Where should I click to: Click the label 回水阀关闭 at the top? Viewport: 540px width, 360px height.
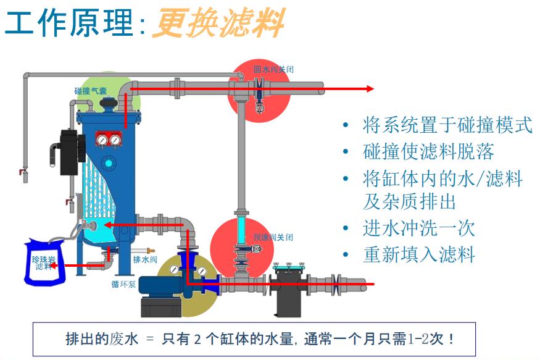[x=273, y=69]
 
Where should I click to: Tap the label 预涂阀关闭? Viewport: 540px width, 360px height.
[x=273, y=237]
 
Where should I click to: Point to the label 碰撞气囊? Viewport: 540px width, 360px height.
[x=91, y=91]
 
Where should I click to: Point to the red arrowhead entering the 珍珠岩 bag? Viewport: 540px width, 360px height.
[x=54, y=266]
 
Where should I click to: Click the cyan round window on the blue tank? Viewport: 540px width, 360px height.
[x=109, y=162]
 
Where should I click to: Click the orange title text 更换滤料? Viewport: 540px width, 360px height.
[x=217, y=23]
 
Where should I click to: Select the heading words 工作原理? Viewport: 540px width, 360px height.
[x=69, y=23]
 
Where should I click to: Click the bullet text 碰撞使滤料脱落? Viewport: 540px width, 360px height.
[x=428, y=151]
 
